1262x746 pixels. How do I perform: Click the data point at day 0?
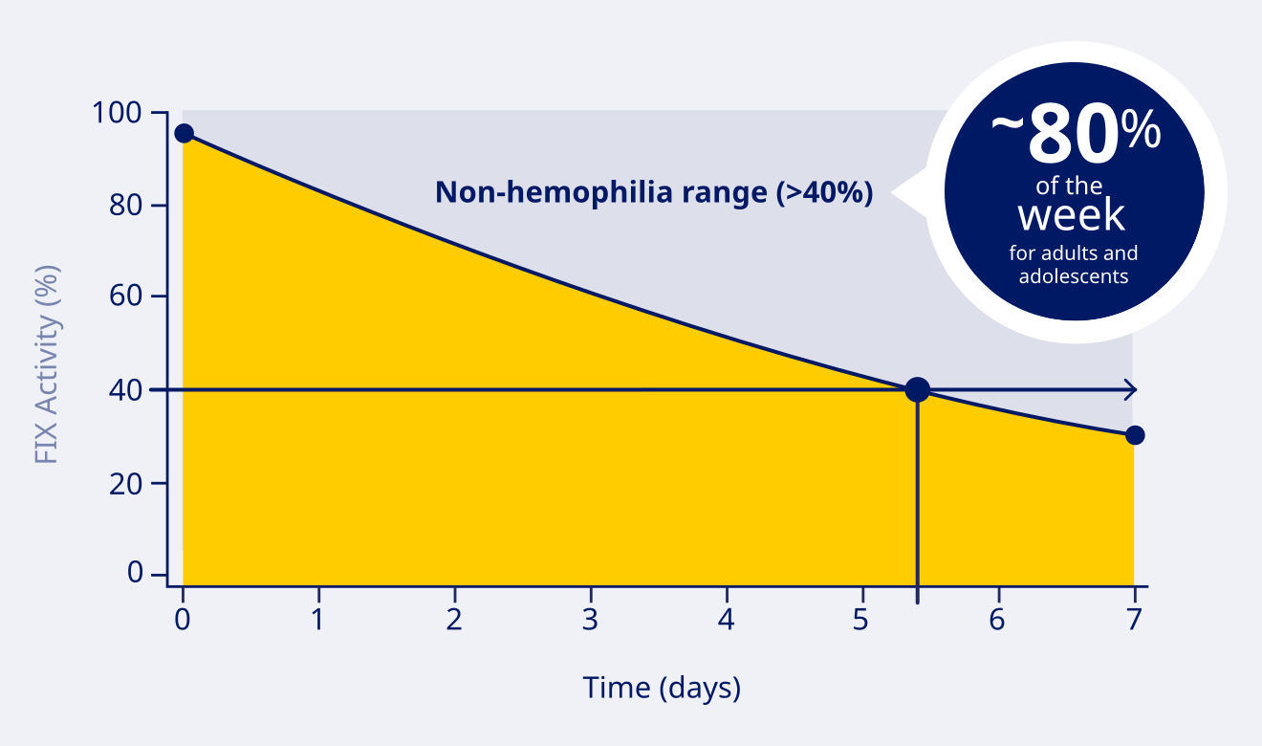pyautogui.click(x=184, y=133)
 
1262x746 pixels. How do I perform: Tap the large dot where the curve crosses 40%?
pyautogui.click(x=917, y=389)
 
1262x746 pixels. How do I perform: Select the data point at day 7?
pyautogui.click(x=1135, y=435)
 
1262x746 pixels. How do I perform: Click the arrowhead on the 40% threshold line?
pyautogui.click(x=1130, y=389)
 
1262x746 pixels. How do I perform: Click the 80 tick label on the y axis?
pyautogui.click(x=130, y=205)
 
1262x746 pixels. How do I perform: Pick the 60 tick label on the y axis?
pyautogui.click(x=130, y=296)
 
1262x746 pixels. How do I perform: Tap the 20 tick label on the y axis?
pyautogui.click(x=130, y=483)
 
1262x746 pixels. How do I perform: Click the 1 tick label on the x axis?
pyautogui.click(x=317, y=619)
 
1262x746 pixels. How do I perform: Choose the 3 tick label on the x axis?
pyautogui.click(x=590, y=619)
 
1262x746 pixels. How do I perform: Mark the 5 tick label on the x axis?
pyautogui.click(x=861, y=619)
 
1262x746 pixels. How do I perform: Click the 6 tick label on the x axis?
pyautogui.click(x=997, y=619)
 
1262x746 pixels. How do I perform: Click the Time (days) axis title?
pyautogui.click(x=662, y=688)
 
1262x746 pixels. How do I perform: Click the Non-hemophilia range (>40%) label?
pyautogui.click(x=654, y=192)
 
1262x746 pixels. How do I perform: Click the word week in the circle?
pyautogui.click(x=1071, y=215)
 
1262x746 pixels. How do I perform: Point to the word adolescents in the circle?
pyautogui.click(x=1074, y=276)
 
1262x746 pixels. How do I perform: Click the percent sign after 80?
pyautogui.click(x=1142, y=131)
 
